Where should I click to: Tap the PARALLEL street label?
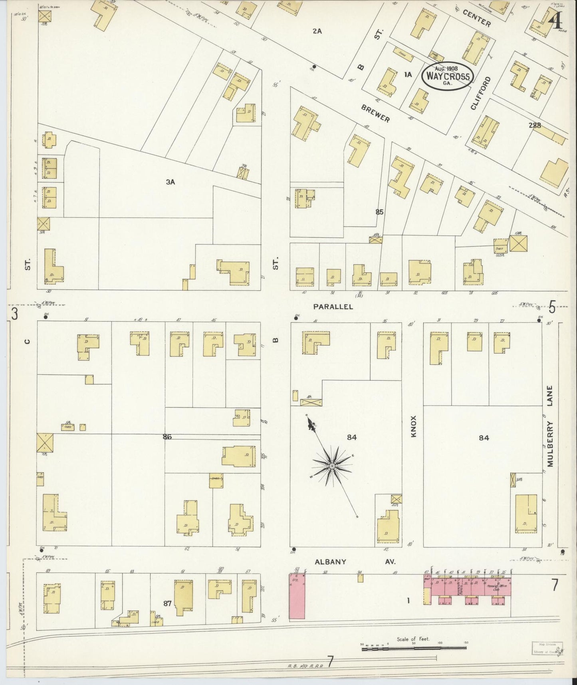(x=333, y=307)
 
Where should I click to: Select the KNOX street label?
(x=413, y=426)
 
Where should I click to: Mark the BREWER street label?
(x=375, y=114)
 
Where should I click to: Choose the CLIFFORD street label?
(x=480, y=93)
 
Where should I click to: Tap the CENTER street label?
(x=477, y=18)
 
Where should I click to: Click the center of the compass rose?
(x=332, y=466)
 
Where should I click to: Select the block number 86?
(x=167, y=437)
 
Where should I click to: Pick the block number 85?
(x=379, y=212)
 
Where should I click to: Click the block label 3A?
(x=171, y=182)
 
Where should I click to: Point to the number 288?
(x=534, y=125)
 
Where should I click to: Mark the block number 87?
(x=167, y=603)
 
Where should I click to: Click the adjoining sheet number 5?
(x=552, y=308)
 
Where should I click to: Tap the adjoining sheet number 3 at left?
(x=14, y=314)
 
